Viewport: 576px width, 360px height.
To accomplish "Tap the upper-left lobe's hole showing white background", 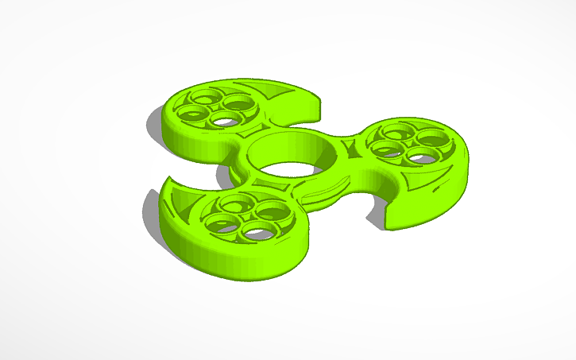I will pyautogui.click(x=226, y=122).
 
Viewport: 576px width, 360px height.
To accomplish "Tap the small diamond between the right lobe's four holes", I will pyautogui.click(x=406, y=141).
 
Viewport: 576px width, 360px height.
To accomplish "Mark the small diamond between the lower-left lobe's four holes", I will pyautogui.click(x=243, y=215).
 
